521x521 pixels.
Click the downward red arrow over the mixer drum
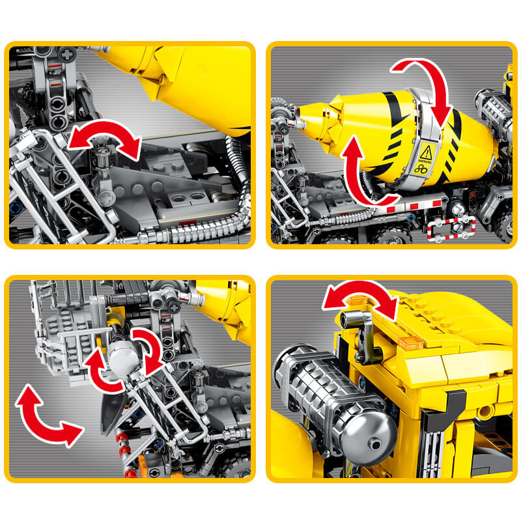pos(427,88)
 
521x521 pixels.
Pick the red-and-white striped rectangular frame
pos(451,228)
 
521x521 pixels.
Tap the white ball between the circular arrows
pos(122,357)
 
